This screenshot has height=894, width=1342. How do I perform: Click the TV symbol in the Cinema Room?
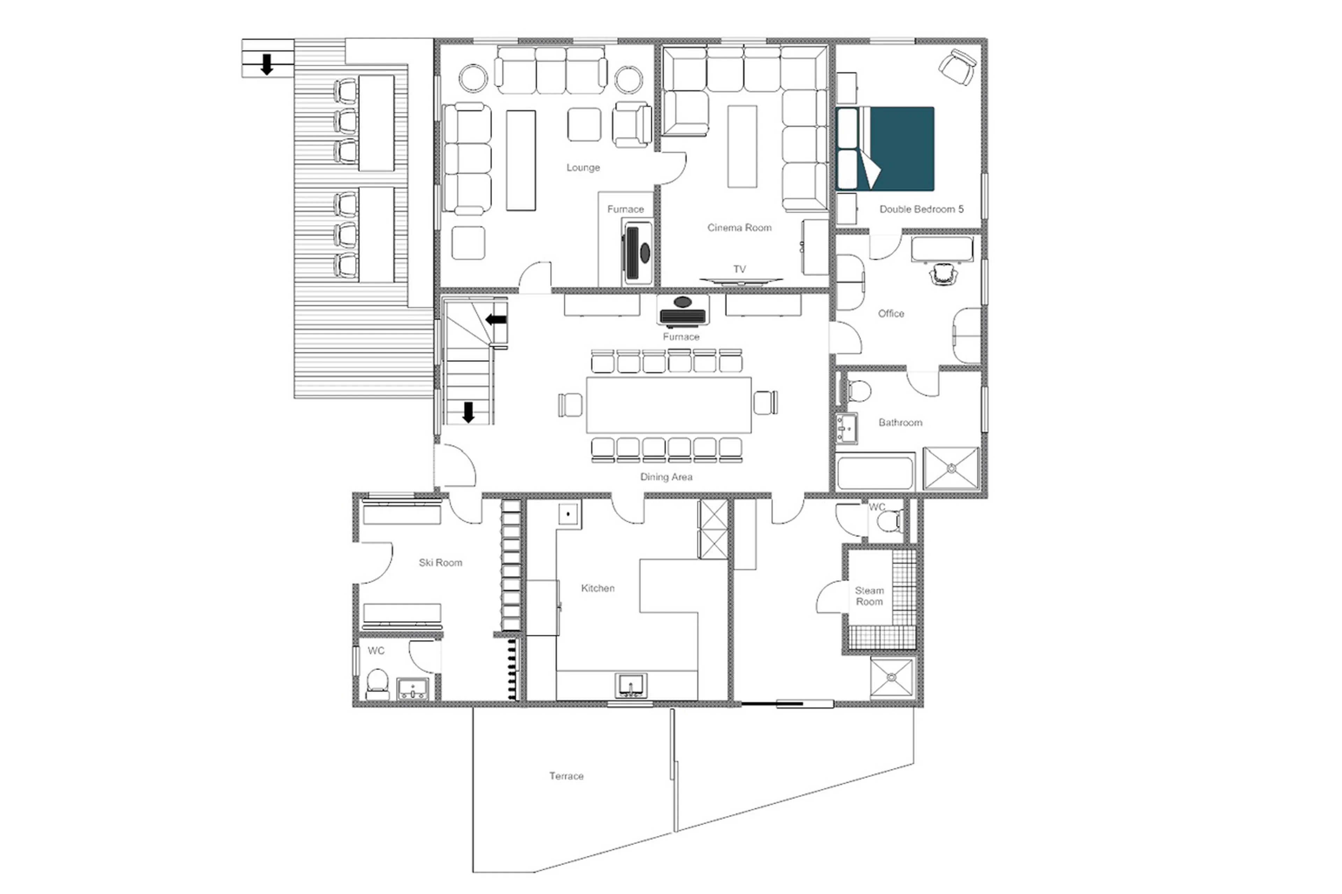tap(740, 280)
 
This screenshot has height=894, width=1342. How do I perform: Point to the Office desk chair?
tap(943, 274)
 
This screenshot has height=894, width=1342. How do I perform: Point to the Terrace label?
tap(566, 776)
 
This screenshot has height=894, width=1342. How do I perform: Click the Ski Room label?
tap(440, 563)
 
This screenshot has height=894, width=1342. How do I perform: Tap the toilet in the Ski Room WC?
tap(377, 683)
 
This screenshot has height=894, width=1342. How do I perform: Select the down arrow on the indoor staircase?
tap(468, 412)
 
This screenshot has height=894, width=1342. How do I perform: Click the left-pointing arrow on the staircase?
tap(496, 320)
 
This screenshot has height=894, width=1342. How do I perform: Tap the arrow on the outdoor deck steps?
tap(266, 64)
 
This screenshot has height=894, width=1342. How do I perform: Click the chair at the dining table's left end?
tap(570, 405)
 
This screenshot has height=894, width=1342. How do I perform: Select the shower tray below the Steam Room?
tap(892, 677)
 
